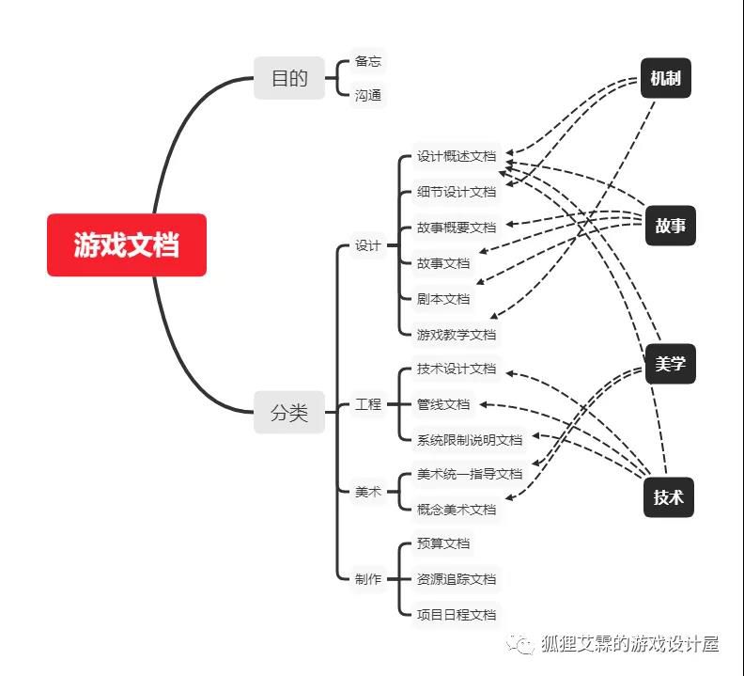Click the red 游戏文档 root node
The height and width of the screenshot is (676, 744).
[127, 244]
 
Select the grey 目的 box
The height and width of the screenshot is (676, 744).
[289, 78]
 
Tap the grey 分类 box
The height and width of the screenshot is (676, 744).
[289, 412]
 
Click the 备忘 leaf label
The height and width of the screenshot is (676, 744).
[367, 61]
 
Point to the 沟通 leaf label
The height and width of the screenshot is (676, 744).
[367, 96]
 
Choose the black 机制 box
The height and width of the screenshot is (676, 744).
[666, 78]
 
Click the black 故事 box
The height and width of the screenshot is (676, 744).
[671, 226]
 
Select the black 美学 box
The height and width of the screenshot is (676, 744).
[671, 364]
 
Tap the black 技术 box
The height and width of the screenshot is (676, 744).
[669, 497]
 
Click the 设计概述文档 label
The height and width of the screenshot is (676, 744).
[457, 156]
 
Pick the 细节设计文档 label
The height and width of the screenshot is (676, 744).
[457, 192]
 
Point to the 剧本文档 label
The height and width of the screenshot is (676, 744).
[443, 299]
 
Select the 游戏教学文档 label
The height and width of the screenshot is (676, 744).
[457, 335]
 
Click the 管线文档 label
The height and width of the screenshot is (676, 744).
[443, 404]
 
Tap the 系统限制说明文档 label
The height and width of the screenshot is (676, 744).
[470, 440]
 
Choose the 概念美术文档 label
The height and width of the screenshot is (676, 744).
[457, 510]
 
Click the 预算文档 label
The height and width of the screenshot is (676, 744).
[443, 543]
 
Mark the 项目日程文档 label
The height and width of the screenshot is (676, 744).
[457, 615]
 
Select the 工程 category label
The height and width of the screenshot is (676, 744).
[367, 404]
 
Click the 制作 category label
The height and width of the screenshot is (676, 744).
[367, 579]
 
